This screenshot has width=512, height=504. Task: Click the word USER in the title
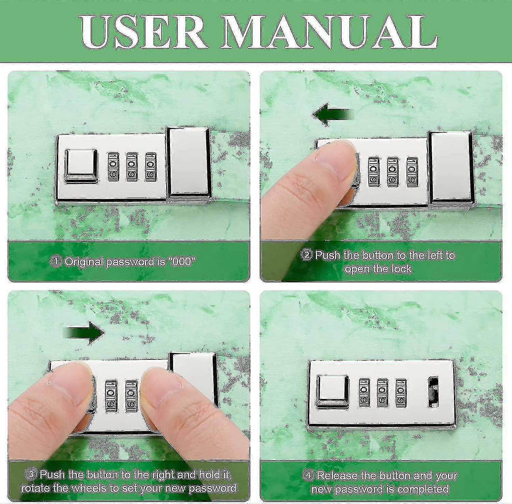pyautogui.click(x=144, y=32)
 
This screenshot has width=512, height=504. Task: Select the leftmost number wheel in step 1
pyautogui.click(x=113, y=166)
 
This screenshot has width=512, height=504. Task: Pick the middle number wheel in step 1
pyautogui.click(x=132, y=166)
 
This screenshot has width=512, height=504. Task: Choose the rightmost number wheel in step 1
pyautogui.click(x=151, y=166)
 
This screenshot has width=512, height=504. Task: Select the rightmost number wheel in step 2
pyautogui.click(x=412, y=172)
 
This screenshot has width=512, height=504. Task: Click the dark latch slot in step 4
pyautogui.click(x=433, y=392)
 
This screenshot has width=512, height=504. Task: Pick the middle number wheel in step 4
pyautogui.click(x=382, y=392)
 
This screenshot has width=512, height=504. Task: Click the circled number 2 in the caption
pyautogui.click(x=307, y=255)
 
